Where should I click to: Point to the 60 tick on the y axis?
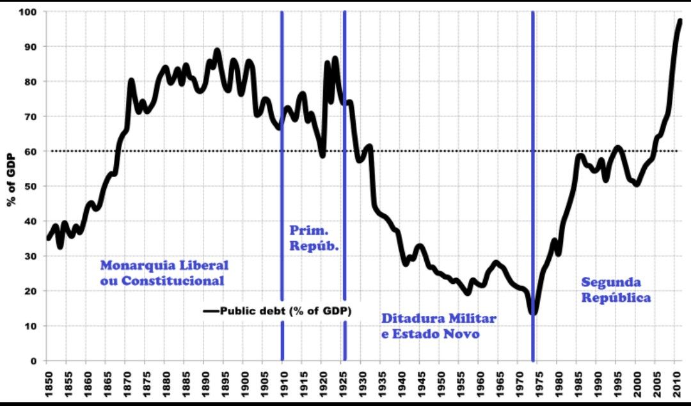(31, 152)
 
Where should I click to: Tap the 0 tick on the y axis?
(34, 361)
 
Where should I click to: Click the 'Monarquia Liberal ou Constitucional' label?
(164, 273)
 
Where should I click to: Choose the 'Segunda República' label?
(616, 290)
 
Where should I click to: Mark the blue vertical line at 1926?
(344, 192)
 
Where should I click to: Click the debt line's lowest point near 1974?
(534, 313)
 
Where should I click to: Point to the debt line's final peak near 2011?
(680, 21)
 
